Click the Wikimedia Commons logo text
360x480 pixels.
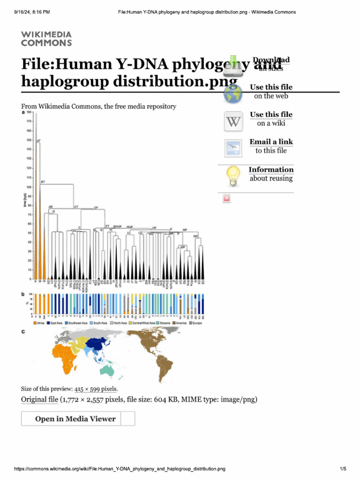(x=46, y=39)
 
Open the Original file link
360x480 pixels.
(x=40, y=399)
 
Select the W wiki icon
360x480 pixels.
(x=233, y=122)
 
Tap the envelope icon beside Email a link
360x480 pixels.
(x=233, y=149)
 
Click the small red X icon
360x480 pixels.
(x=227, y=199)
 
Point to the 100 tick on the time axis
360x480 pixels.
(x=29, y=187)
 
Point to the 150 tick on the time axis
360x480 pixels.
(x=29, y=140)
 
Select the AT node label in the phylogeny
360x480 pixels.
(x=39, y=140)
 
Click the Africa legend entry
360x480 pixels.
(x=39, y=323)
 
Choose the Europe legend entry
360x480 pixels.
(x=194, y=323)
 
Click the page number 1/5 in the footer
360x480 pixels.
(x=343, y=469)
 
